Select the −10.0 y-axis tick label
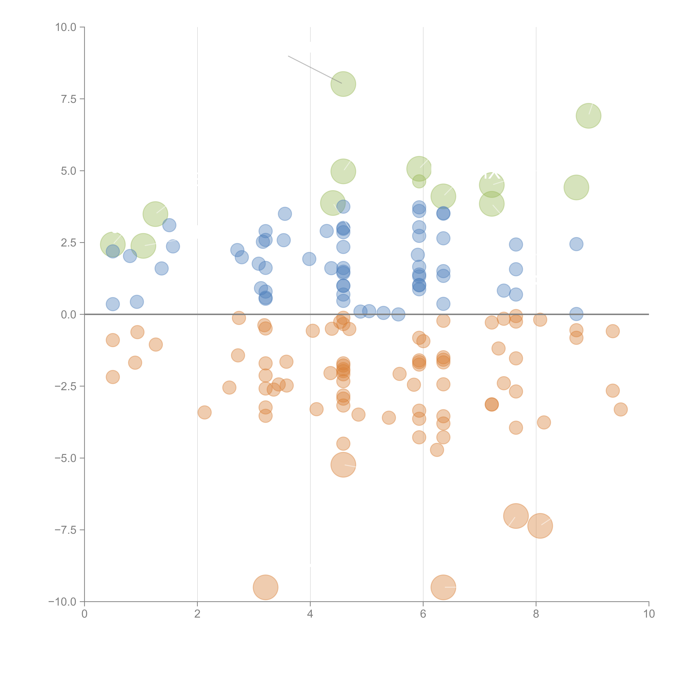(x=62, y=602)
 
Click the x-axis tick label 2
(x=197, y=614)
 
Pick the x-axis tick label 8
(x=536, y=614)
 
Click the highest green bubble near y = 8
(x=343, y=84)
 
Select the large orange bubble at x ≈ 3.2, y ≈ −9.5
(x=266, y=587)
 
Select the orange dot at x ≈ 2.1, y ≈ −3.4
(x=204, y=412)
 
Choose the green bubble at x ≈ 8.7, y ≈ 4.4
(x=576, y=188)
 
